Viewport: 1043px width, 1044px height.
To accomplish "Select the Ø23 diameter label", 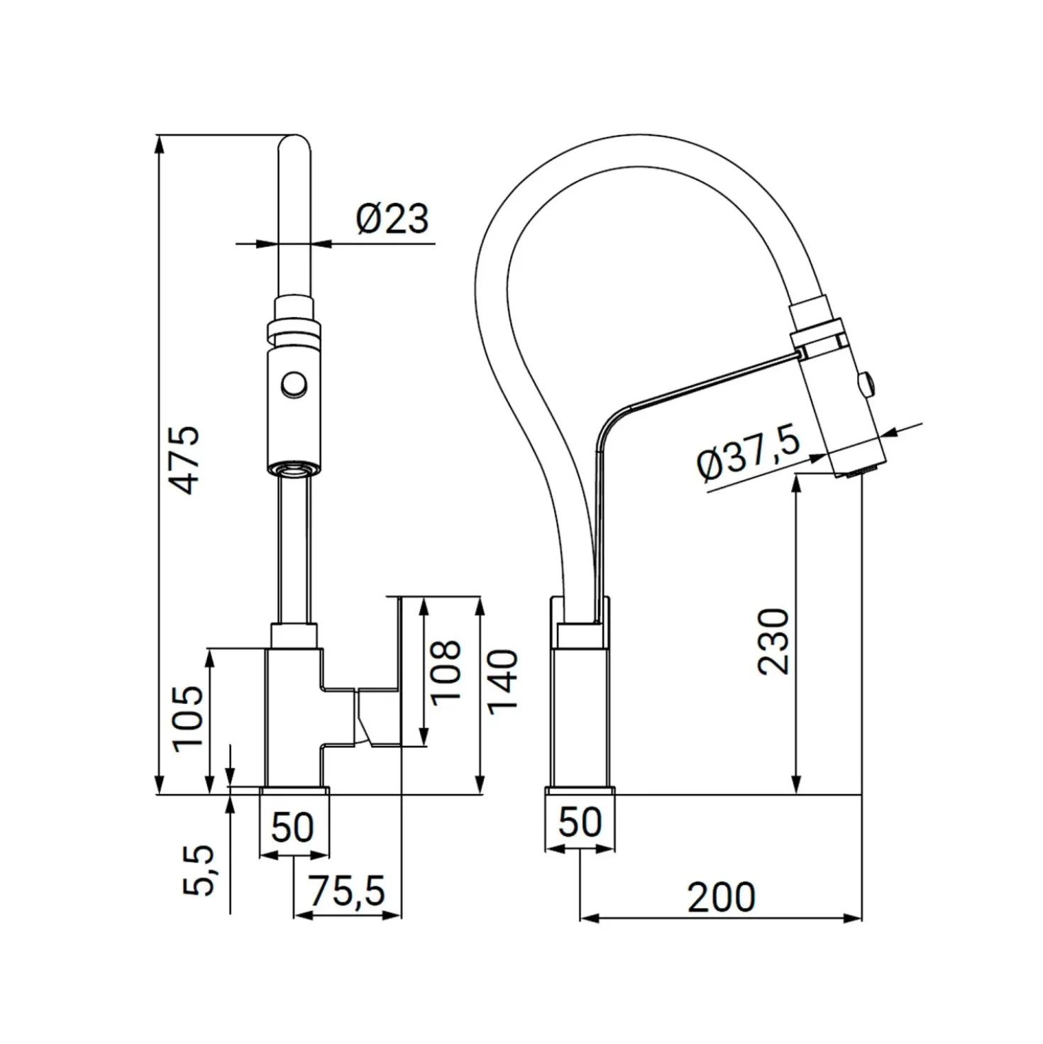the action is coord(392,219).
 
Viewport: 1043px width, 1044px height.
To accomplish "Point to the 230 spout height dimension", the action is coord(773,642).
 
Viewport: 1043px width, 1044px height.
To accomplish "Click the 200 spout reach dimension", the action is coord(721,896).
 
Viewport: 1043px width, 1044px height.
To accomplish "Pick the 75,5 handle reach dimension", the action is coord(347,891).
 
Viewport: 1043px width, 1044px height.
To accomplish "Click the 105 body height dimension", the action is coord(188,718).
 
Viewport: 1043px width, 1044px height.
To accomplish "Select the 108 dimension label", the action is coord(446,672).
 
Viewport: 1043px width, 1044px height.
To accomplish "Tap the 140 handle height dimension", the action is coord(502,681).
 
